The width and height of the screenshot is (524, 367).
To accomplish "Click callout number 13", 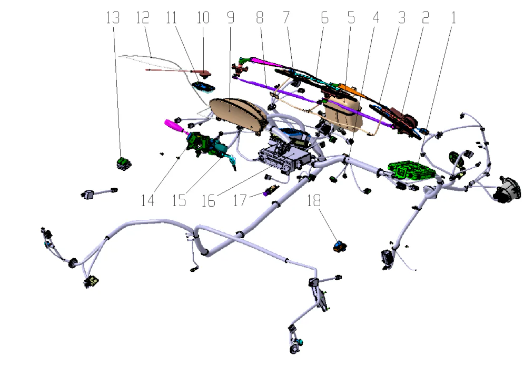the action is point(113,18).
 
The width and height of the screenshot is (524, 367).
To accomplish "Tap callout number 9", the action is point(231,18).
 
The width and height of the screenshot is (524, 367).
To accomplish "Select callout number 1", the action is point(453,18).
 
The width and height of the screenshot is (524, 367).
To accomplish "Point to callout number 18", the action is point(314,200).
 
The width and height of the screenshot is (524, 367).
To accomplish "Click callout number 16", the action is point(208,201).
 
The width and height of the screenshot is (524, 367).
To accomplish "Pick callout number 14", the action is point(147,200).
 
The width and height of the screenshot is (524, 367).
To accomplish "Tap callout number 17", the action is point(240,200).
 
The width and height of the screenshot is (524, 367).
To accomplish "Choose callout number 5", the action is point(351,18).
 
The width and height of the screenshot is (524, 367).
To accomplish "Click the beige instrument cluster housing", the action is point(238,115).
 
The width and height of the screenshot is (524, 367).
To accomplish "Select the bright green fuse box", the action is point(412,170).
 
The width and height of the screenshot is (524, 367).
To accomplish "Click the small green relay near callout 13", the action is point(124,164).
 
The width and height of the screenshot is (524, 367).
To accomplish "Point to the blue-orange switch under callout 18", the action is point(340,247).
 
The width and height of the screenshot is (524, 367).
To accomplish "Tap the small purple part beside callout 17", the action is point(270,191).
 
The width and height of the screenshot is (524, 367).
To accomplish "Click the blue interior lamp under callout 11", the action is point(203,87).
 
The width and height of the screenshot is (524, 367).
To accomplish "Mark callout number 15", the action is point(179,200).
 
